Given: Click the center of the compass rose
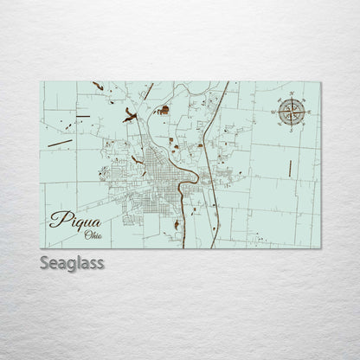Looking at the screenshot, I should pos(292,111).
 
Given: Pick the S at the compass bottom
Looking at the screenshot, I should pos(292,130).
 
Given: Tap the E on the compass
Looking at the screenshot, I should pos(309,111).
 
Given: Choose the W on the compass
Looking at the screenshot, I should pos(274,111).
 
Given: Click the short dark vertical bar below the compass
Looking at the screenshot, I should pos(289,168).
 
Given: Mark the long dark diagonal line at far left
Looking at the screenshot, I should pos(60,142).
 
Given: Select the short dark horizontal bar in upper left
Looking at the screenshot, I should pos(82,116).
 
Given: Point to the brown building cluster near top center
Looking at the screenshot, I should pos(163,110).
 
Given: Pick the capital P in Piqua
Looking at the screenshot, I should pos(57,218).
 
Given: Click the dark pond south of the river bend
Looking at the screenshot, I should pos(177,225).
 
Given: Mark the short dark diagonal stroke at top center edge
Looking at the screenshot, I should pos(148,89).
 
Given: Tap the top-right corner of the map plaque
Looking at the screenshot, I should pos(319,82).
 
